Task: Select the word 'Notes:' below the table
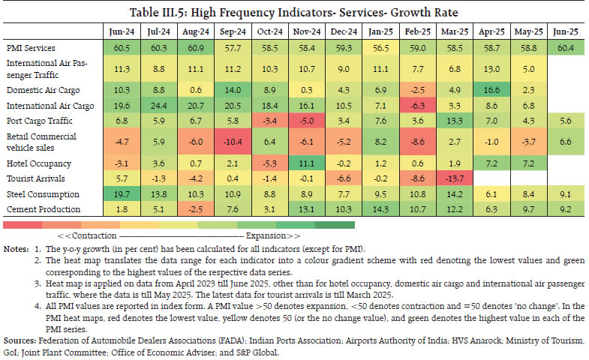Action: tap(17, 247)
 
